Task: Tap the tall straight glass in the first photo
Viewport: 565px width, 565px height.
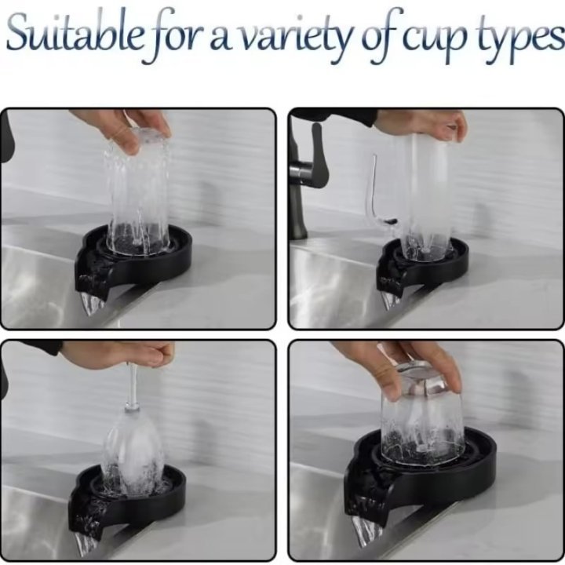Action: pyautogui.click(x=139, y=192)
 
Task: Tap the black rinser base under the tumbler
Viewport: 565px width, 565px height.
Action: pyautogui.click(x=424, y=479)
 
